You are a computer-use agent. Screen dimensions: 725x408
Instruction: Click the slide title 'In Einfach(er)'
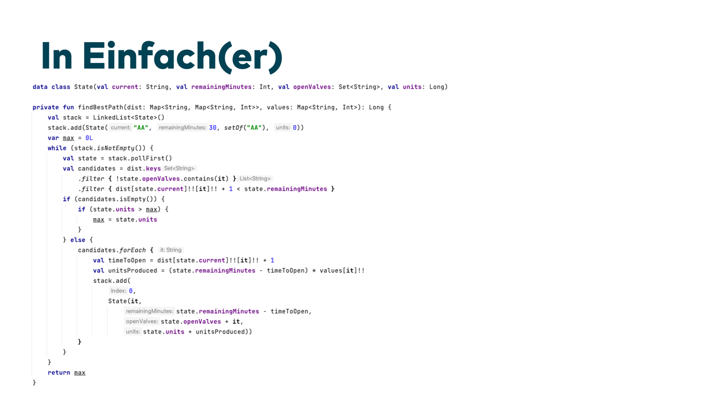pyautogui.click(x=161, y=56)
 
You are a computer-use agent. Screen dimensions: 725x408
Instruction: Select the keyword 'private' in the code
pyautogui.click(x=45, y=107)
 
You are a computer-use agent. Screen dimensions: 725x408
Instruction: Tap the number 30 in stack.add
pyautogui.click(x=213, y=128)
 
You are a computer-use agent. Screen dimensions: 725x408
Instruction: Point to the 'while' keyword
pyautogui.click(x=57, y=148)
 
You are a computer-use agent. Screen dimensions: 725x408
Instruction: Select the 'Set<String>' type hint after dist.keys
pyautogui.click(x=179, y=169)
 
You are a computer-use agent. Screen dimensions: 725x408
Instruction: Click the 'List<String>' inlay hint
pyautogui.click(x=255, y=179)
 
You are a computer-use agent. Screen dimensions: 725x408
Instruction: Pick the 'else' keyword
pyautogui.click(x=77, y=240)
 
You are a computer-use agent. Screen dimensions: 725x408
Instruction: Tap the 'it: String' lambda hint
pyautogui.click(x=171, y=250)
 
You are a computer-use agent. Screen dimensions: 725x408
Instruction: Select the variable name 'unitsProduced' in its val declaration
pyautogui.click(x=132, y=271)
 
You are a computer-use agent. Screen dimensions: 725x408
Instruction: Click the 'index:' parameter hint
pyautogui.click(x=118, y=291)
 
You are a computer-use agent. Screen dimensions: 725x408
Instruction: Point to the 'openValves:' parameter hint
pyautogui.click(x=142, y=321)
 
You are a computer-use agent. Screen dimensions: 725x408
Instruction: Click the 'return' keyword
pyautogui.click(x=59, y=373)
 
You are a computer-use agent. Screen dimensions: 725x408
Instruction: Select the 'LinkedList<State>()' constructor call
pyautogui.click(x=129, y=117)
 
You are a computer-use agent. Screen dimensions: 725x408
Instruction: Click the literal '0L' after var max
pyautogui.click(x=89, y=138)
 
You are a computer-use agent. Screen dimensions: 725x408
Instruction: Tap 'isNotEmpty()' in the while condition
pyautogui.click(x=121, y=148)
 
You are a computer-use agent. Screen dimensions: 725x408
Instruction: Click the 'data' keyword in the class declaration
pyautogui.click(x=40, y=87)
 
